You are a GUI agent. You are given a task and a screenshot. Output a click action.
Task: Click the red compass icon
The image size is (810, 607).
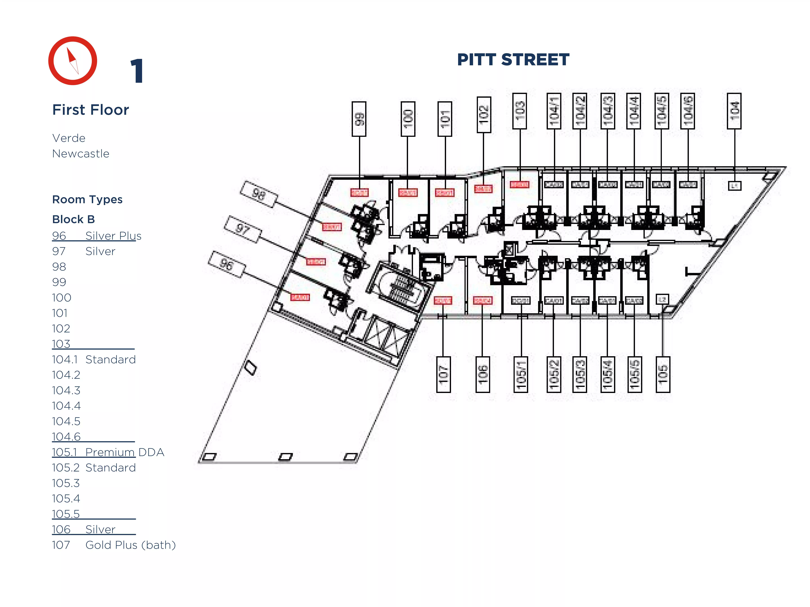72,61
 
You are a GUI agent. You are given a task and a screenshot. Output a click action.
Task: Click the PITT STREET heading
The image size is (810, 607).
513,60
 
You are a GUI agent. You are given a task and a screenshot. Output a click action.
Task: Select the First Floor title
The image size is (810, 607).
90,110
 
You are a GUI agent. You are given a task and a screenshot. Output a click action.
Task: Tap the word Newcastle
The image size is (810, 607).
81,154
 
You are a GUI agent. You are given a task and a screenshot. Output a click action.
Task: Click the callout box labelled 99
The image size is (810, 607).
359,119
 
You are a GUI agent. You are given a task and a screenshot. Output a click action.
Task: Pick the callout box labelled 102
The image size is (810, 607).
483,115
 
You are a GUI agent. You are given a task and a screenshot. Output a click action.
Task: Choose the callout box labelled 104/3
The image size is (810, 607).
607,111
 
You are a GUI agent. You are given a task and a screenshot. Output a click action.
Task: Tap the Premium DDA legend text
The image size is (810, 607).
125,452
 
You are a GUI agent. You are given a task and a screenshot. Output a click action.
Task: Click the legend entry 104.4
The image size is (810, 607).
66,406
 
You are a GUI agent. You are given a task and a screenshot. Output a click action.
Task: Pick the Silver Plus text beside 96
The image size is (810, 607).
113,236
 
